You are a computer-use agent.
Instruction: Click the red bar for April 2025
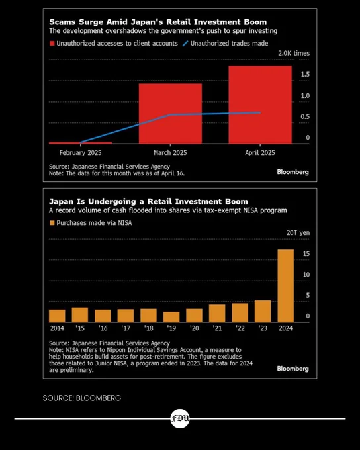pyautogui.click(x=260, y=105)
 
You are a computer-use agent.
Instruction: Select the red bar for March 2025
pyautogui.click(x=170, y=114)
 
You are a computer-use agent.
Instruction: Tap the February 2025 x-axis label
pyautogui.click(x=80, y=152)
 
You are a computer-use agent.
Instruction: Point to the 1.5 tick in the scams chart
pyautogui.click(x=305, y=74)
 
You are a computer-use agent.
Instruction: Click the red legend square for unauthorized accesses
pyautogui.click(x=52, y=43)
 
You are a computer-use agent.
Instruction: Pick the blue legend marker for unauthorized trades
pyautogui.click(x=185, y=43)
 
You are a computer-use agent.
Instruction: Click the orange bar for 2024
pyautogui.click(x=286, y=286)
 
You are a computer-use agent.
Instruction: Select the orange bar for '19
pyautogui.click(x=171, y=317)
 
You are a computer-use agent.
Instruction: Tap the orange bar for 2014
pyautogui.click(x=57, y=316)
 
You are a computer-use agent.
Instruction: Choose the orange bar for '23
pyautogui.click(x=263, y=312)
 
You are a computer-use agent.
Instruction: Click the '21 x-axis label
pyautogui.click(x=217, y=328)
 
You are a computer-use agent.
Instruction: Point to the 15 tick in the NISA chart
pyautogui.click(x=306, y=253)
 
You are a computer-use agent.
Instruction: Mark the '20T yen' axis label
pyautogui.click(x=298, y=232)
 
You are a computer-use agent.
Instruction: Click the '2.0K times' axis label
pyautogui.click(x=294, y=53)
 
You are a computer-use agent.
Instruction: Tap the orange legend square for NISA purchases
pyautogui.click(x=52, y=223)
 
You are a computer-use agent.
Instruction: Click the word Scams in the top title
pyautogui.click(x=62, y=22)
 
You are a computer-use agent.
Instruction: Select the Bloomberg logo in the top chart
pyautogui.click(x=292, y=172)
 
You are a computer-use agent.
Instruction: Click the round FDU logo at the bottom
pyautogui.click(x=180, y=418)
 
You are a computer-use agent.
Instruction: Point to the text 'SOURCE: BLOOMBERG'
pyautogui.click(x=82, y=398)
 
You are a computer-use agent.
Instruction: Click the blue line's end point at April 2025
pyautogui.click(x=260, y=112)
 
